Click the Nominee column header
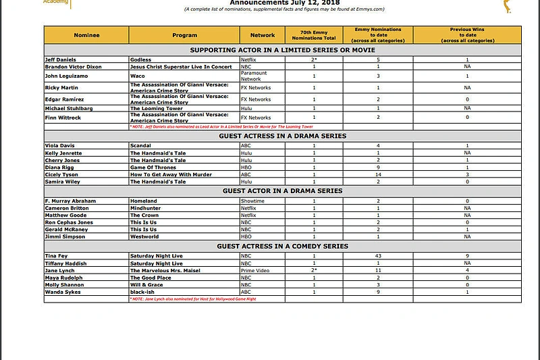[x=86, y=35]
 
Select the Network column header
[x=263, y=35]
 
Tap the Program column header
[x=184, y=35]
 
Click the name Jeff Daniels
[x=60, y=60]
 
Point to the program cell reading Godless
[x=141, y=60]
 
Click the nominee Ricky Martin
[x=61, y=88]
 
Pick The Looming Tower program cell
[x=156, y=108]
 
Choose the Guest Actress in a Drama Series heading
[x=282, y=136]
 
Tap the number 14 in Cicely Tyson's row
[x=379, y=174]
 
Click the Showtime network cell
[x=252, y=201]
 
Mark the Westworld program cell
[x=144, y=236]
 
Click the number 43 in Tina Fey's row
[x=379, y=256]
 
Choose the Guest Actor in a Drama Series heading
[x=282, y=191]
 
